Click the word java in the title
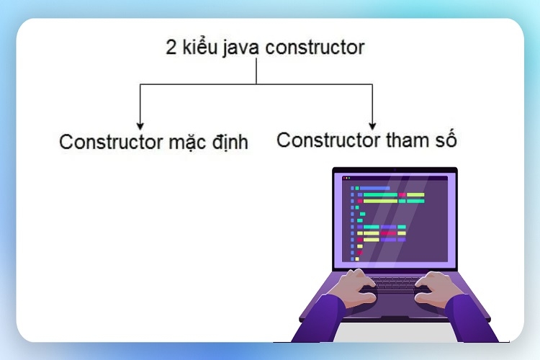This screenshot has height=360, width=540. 240,48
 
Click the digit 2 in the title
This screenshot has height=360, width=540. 171,47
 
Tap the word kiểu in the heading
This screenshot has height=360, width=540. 200,46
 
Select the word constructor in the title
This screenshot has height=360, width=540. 315,48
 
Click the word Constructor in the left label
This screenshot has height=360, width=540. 111,142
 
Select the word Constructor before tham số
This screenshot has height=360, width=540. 328,140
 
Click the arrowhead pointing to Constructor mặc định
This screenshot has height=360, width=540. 140,126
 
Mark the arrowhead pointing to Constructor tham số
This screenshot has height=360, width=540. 372,126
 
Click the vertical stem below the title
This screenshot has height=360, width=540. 256,71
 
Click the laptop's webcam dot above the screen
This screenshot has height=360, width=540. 395,169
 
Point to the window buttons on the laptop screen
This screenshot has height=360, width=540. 347,178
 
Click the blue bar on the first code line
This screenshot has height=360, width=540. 374,188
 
